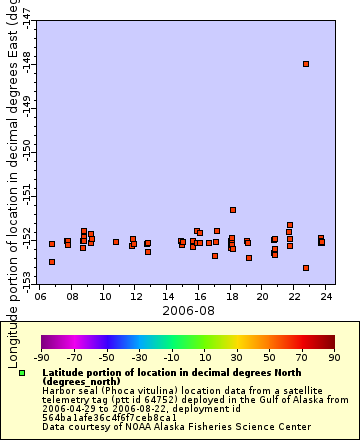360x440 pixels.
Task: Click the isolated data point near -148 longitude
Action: click(x=306, y=64)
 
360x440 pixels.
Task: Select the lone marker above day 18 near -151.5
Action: click(x=232, y=210)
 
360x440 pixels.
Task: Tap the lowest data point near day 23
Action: click(x=306, y=268)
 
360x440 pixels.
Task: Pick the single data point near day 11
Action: click(x=116, y=242)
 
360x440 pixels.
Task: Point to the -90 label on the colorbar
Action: click(x=41, y=357)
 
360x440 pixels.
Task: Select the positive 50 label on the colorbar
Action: click(x=269, y=357)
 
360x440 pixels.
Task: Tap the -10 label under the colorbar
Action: click(x=171, y=357)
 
